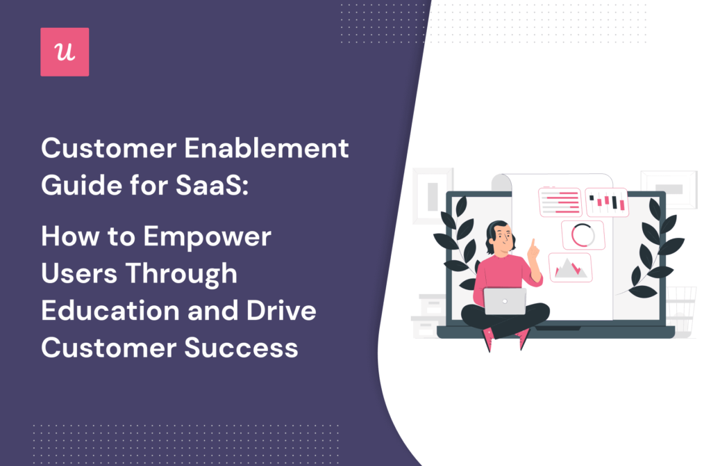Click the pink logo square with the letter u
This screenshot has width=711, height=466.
click(x=65, y=52)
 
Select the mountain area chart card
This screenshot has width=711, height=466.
click(x=570, y=268)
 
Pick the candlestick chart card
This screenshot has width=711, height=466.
click(x=607, y=202)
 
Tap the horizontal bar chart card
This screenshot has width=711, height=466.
click(x=560, y=202)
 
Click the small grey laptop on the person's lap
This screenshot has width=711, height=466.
click(x=505, y=301)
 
